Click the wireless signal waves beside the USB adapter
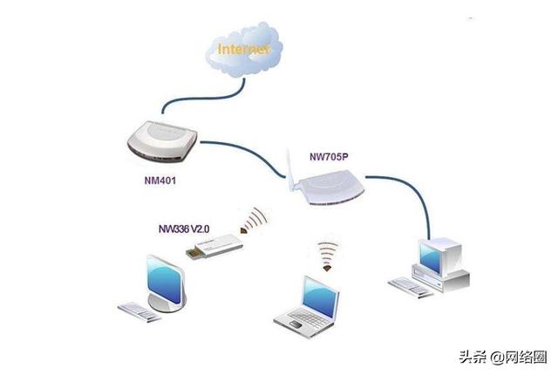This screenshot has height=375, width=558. (x=255, y=220)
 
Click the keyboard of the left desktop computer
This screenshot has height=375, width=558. (x=139, y=310)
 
